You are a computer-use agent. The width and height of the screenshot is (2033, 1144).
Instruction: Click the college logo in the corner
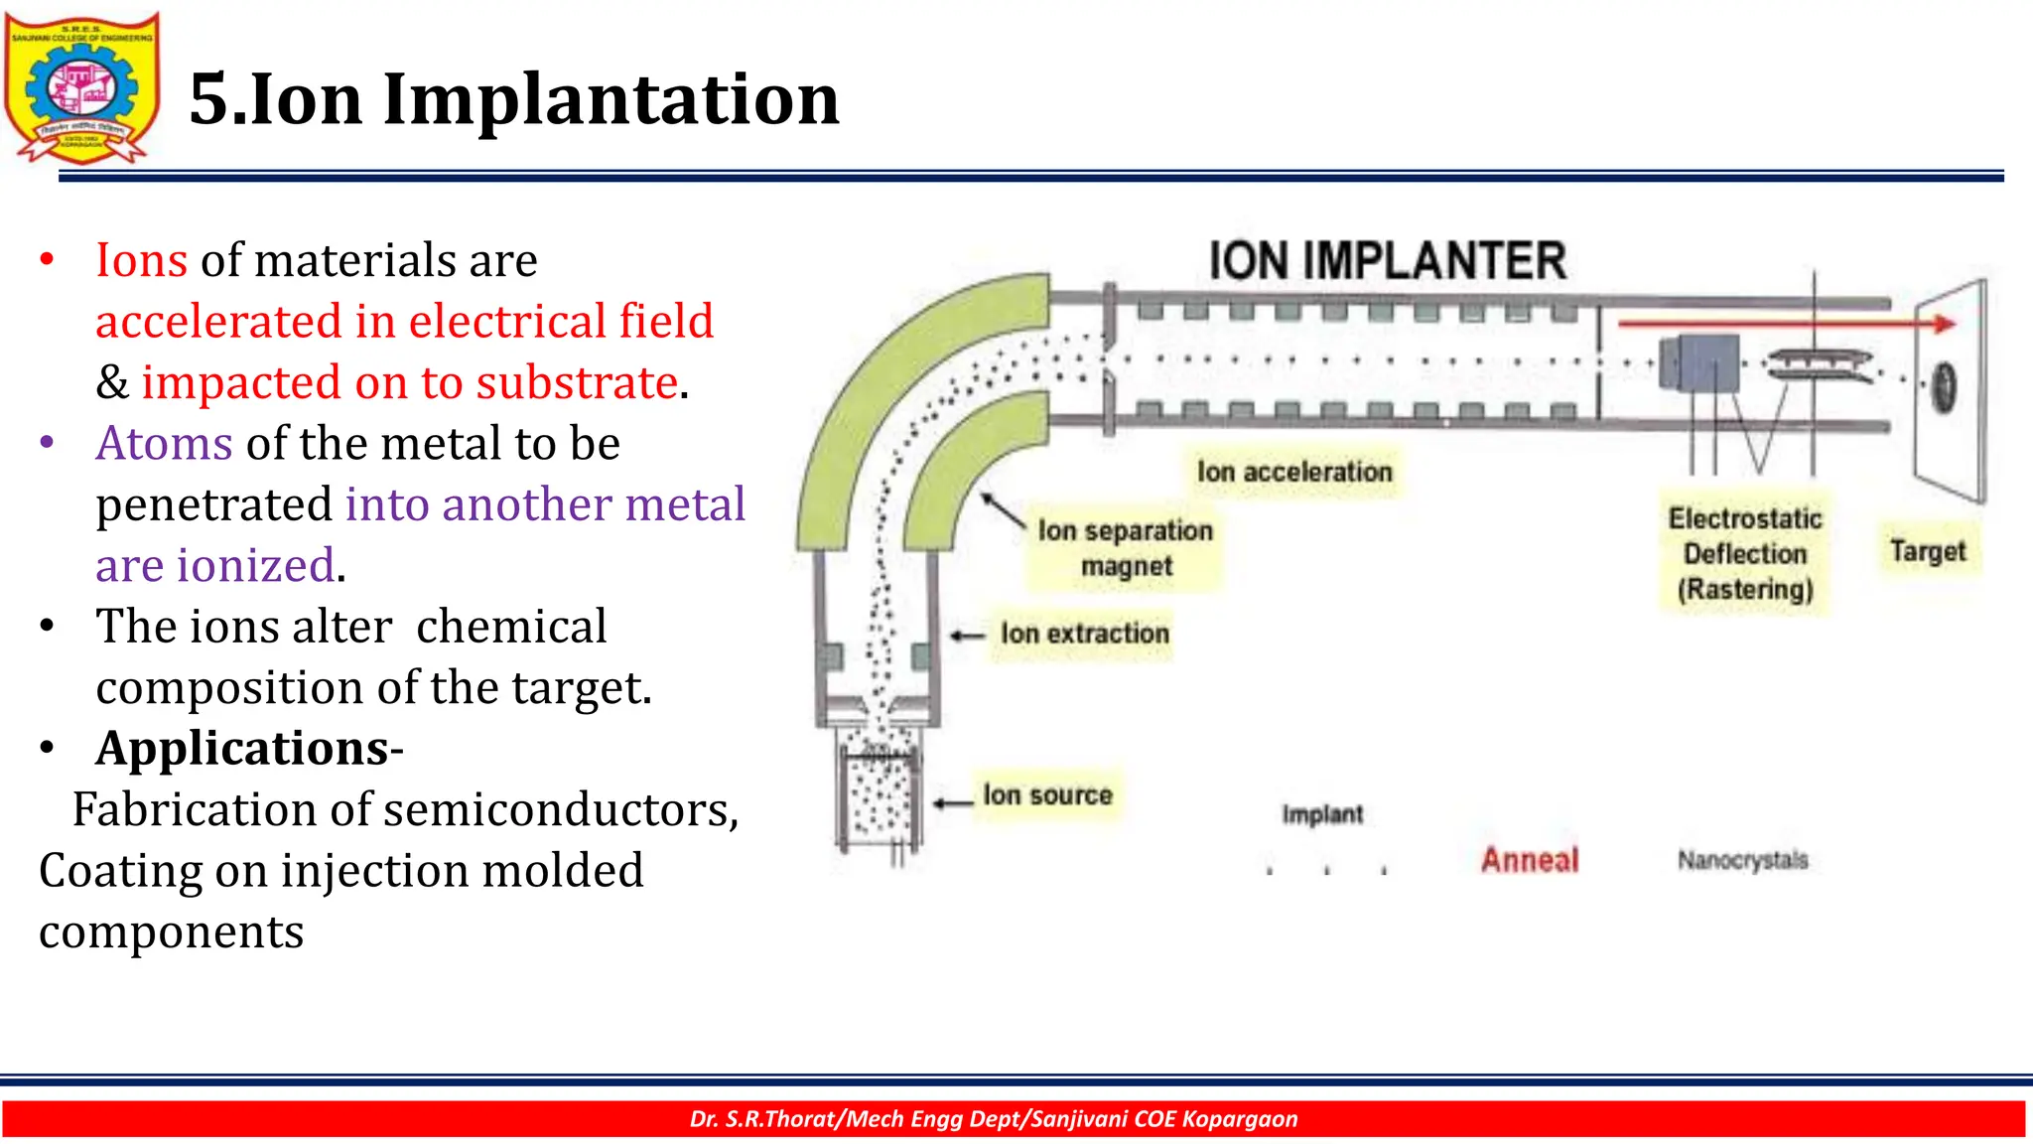click(82, 87)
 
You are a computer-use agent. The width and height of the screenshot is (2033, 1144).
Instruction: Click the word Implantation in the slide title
click(610, 99)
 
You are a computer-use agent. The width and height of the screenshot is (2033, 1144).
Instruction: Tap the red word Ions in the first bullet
click(141, 260)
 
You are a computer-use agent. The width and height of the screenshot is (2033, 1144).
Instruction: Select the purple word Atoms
click(164, 443)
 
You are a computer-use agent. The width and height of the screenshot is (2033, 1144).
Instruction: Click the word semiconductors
click(561, 809)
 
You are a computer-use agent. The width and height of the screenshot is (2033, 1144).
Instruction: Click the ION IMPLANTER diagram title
click(1387, 261)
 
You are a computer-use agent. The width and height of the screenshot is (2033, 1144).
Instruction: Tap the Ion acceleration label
click(1294, 472)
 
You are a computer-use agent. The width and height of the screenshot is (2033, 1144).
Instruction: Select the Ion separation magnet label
click(1126, 548)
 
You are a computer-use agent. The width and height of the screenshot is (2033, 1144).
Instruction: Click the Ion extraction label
click(1084, 634)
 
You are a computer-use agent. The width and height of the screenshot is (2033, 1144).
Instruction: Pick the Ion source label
click(1047, 794)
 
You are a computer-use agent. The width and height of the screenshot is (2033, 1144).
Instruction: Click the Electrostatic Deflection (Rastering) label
click(1745, 553)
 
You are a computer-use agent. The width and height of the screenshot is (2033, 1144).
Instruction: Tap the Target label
click(1928, 550)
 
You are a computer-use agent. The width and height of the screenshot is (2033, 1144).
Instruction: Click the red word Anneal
click(1530, 859)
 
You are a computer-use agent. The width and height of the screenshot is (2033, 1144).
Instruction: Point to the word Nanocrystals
click(1742, 859)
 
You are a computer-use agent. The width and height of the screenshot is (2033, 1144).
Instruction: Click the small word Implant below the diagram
click(1322, 814)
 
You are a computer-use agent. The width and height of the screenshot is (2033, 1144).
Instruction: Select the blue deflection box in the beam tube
click(1700, 362)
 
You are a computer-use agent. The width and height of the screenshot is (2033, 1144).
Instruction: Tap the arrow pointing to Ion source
click(953, 802)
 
